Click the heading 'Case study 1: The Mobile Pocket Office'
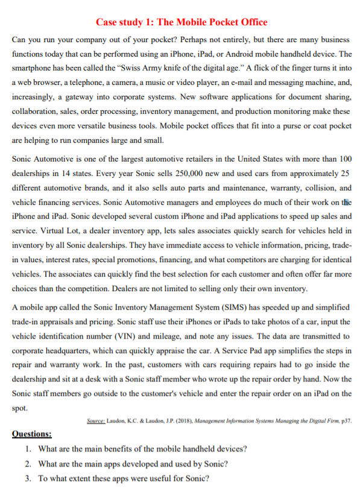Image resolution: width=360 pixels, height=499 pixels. pos(182,22)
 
